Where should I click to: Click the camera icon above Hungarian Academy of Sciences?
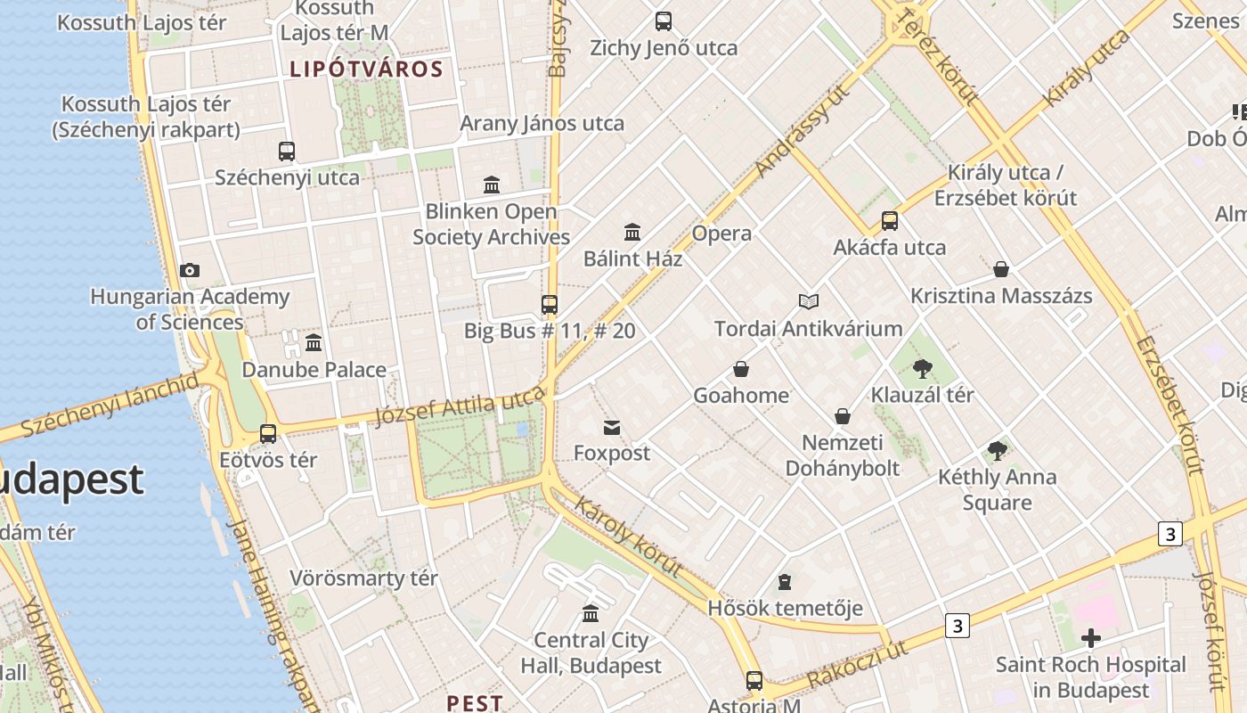pyautogui.click(x=189, y=270)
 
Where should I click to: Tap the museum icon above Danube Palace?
pyautogui.click(x=314, y=343)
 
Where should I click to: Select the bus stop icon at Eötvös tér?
pyautogui.click(x=268, y=434)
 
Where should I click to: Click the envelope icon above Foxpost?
pyautogui.click(x=612, y=428)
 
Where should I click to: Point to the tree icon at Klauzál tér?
pyautogui.click(x=923, y=368)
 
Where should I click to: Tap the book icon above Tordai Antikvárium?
pyautogui.click(x=809, y=302)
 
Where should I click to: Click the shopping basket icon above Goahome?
pyautogui.click(x=740, y=369)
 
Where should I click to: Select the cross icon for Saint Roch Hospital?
pyautogui.click(x=1090, y=638)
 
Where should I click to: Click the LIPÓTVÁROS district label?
pyautogui.click(x=366, y=70)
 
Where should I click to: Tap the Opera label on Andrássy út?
pyautogui.click(x=721, y=234)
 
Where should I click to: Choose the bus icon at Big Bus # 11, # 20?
pyautogui.click(x=550, y=305)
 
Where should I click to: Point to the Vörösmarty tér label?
pyautogui.click(x=363, y=578)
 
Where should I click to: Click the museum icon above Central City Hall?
pyautogui.click(x=591, y=614)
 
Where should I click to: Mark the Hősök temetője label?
pyautogui.click(x=785, y=609)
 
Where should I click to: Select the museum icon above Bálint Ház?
pyautogui.click(x=632, y=233)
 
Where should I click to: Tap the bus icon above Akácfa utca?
pyautogui.click(x=889, y=221)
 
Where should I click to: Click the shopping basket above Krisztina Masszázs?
pyautogui.click(x=1001, y=269)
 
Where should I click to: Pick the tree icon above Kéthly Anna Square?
pyautogui.click(x=998, y=451)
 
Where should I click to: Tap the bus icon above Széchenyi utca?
pyautogui.click(x=287, y=152)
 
